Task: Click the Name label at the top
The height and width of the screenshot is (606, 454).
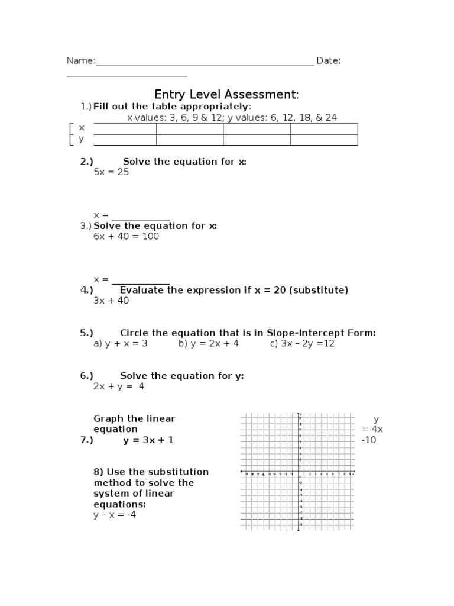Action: coord(80,61)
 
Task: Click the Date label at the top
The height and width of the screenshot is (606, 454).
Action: coord(328,61)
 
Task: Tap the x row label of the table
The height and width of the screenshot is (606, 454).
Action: coord(82,128)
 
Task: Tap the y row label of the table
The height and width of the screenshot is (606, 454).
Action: coord(82,139)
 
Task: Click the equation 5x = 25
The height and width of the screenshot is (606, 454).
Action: coord(111,172)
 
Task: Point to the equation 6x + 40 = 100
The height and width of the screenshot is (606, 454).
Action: coord(126,236)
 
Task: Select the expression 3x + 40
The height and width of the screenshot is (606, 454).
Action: coord(111,301)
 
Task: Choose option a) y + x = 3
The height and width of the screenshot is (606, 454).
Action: coord(120,344)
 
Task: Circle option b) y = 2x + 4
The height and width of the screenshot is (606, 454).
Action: coord(209,344)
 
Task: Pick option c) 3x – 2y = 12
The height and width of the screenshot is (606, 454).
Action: coord(302,344)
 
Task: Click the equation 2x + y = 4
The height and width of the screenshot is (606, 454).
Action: coord(119,386)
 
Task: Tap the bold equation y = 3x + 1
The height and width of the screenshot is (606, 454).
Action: coord(148,440)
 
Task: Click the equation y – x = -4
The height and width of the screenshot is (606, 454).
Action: coord(115,515)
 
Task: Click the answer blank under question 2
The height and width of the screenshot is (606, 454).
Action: coord(141,215)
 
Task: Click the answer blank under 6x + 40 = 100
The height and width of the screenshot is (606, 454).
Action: coord(141,279)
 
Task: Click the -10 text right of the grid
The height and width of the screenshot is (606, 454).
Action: coord(368,440)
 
